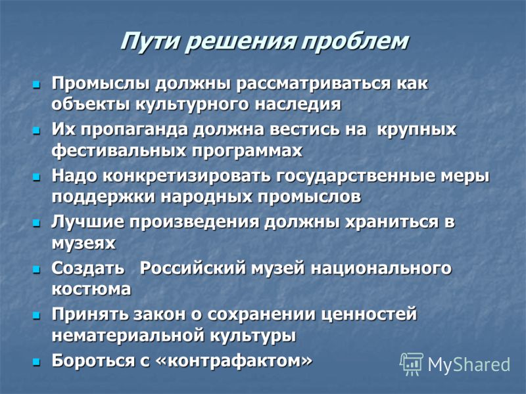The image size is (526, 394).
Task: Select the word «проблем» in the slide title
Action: tap(354, 42)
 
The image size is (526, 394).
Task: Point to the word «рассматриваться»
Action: tap(314, 84)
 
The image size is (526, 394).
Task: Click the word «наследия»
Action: tap(298, 104)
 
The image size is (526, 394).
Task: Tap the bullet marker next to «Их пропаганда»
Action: tap(36, 130)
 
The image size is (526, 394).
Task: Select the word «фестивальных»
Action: tap(119, 150)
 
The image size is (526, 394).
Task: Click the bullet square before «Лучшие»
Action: tap(36, 223)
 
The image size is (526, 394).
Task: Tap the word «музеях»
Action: tap(84, 243)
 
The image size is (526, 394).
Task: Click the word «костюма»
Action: tap(91, 289)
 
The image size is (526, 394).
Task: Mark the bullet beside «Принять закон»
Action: tap(36, 315)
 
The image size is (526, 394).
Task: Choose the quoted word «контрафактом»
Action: tap(234, 361)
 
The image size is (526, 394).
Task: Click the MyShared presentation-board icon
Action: tap(412, 364)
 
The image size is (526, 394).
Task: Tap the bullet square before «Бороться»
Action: tap(36, 362)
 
